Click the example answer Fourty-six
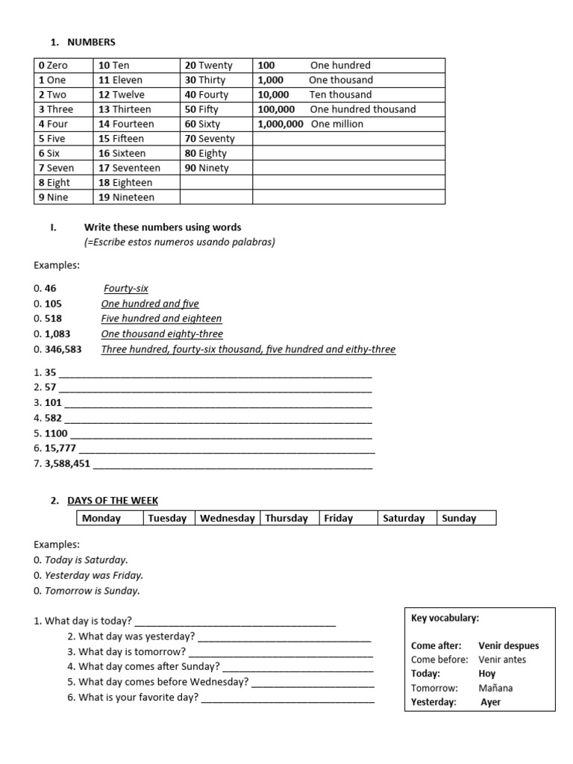point(126,288)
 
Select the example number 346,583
point(63,349)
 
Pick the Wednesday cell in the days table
point(227,519)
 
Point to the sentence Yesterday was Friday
point(94,575)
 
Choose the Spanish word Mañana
point(497,688)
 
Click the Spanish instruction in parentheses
point(179,242)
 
